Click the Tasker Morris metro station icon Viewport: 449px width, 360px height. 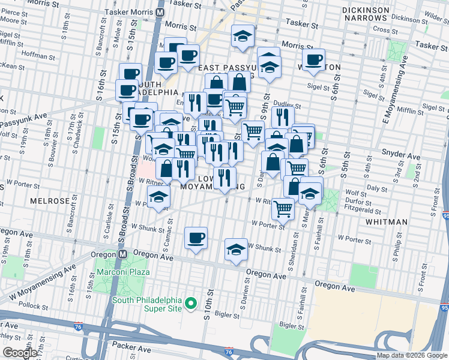[x=160, y=11]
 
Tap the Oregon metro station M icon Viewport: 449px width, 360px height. [x=122, y=254]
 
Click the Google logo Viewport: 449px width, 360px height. [x=20, y=353]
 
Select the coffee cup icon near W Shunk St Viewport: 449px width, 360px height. [x=196, y=238]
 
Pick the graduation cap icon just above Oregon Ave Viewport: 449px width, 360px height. [x=236, y=250]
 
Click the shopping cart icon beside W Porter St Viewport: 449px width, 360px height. [x=283, y=209]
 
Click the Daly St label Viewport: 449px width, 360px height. [x=378, y=188]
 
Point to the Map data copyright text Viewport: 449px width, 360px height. [x=412, y=355]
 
